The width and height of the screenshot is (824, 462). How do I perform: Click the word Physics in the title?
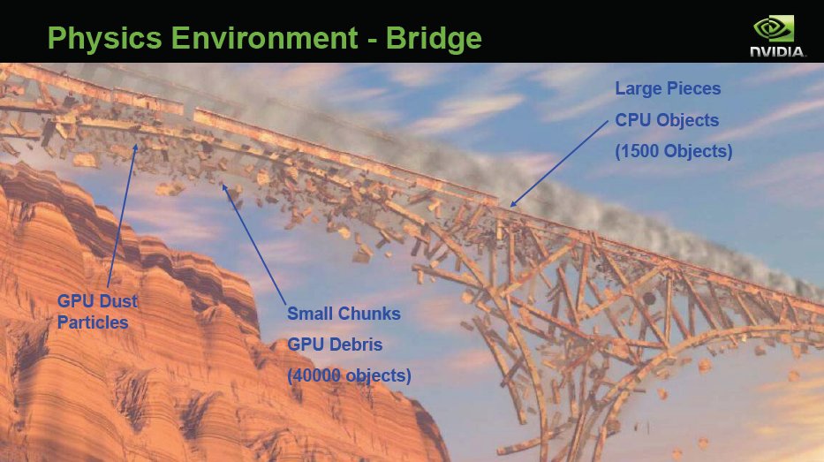tap(104, 39)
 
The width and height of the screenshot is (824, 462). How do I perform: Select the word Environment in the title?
tap(264, 38)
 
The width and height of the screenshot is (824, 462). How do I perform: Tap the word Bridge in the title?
tap(434, 39)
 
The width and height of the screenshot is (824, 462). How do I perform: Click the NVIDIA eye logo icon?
tap(774, 28)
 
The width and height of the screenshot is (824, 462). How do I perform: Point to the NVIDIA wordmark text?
tap(777, 51)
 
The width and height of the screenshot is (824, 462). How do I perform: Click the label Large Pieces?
tap(668, 89)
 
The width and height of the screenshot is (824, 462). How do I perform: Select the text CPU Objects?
tap(667, 120)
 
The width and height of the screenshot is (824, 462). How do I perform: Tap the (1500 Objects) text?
tap(674, 151)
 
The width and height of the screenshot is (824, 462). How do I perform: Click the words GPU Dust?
tap(97, 301)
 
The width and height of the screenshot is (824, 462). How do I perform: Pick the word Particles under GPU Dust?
tap(93, 322)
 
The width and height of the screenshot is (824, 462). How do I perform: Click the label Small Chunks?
tap(344, 314)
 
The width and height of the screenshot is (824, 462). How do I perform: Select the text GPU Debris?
tap(335, 345)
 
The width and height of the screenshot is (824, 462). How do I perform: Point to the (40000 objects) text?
tap(349, 375)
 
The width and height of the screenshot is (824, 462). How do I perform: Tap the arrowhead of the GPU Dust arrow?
tap(135, 148)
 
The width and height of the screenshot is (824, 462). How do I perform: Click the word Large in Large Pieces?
tap(635, 89)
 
